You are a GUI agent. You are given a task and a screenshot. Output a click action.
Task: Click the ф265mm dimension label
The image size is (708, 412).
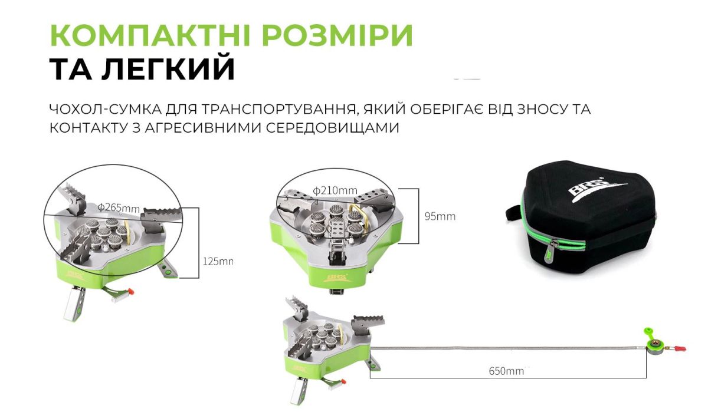click(119, 207)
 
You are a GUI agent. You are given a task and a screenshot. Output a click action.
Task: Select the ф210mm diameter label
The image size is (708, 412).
click(335, 190)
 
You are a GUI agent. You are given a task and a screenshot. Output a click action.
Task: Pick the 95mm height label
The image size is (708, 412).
click(440, 216)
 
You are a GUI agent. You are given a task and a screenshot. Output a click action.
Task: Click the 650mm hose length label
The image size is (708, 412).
click(506, 371)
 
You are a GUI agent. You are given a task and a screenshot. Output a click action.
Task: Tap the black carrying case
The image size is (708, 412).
click(590, 218)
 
